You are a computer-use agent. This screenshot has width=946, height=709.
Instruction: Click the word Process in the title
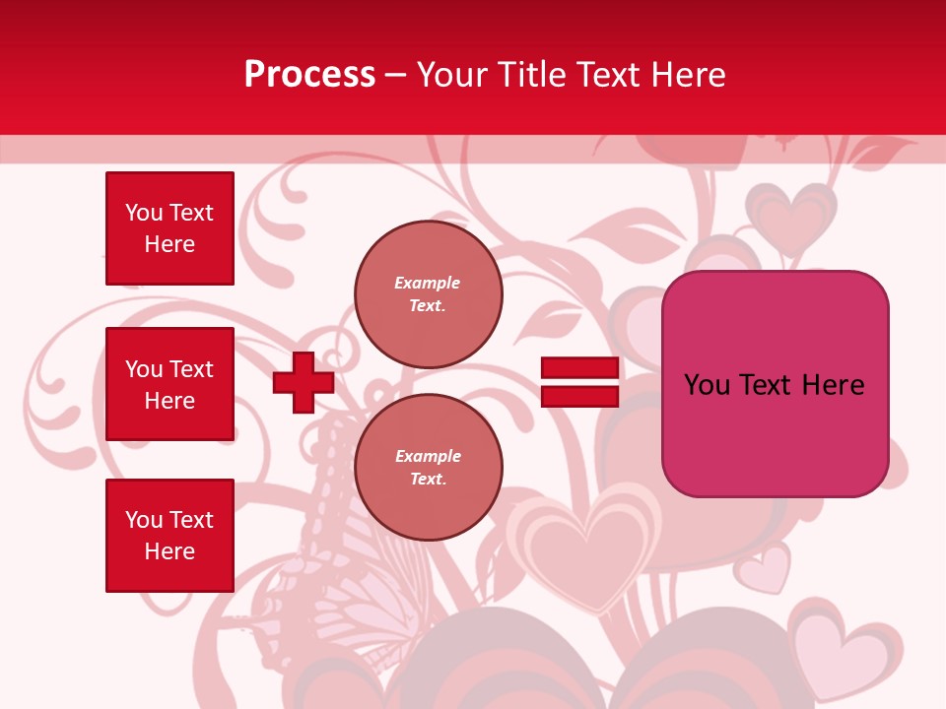[309, 75]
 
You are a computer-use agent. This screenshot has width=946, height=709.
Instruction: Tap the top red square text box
[169, 228]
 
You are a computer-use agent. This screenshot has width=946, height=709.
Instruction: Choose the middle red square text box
[169, 384]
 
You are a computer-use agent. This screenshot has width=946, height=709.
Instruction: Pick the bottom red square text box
[169, 536]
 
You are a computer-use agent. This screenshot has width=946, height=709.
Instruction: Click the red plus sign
[304, 382]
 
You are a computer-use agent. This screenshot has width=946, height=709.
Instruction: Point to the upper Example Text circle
[428, 294]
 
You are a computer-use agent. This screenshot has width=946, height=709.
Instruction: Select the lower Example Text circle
[428, 468]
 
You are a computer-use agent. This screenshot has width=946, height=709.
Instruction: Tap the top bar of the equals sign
[579, 368]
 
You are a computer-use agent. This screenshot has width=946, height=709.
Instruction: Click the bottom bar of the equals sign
[579, 396]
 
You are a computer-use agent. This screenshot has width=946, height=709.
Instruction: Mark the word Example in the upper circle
[427, 283]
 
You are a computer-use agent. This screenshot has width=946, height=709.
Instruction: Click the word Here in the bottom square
[169, 551]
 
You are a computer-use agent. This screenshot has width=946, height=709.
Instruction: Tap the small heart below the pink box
[765, 570]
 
